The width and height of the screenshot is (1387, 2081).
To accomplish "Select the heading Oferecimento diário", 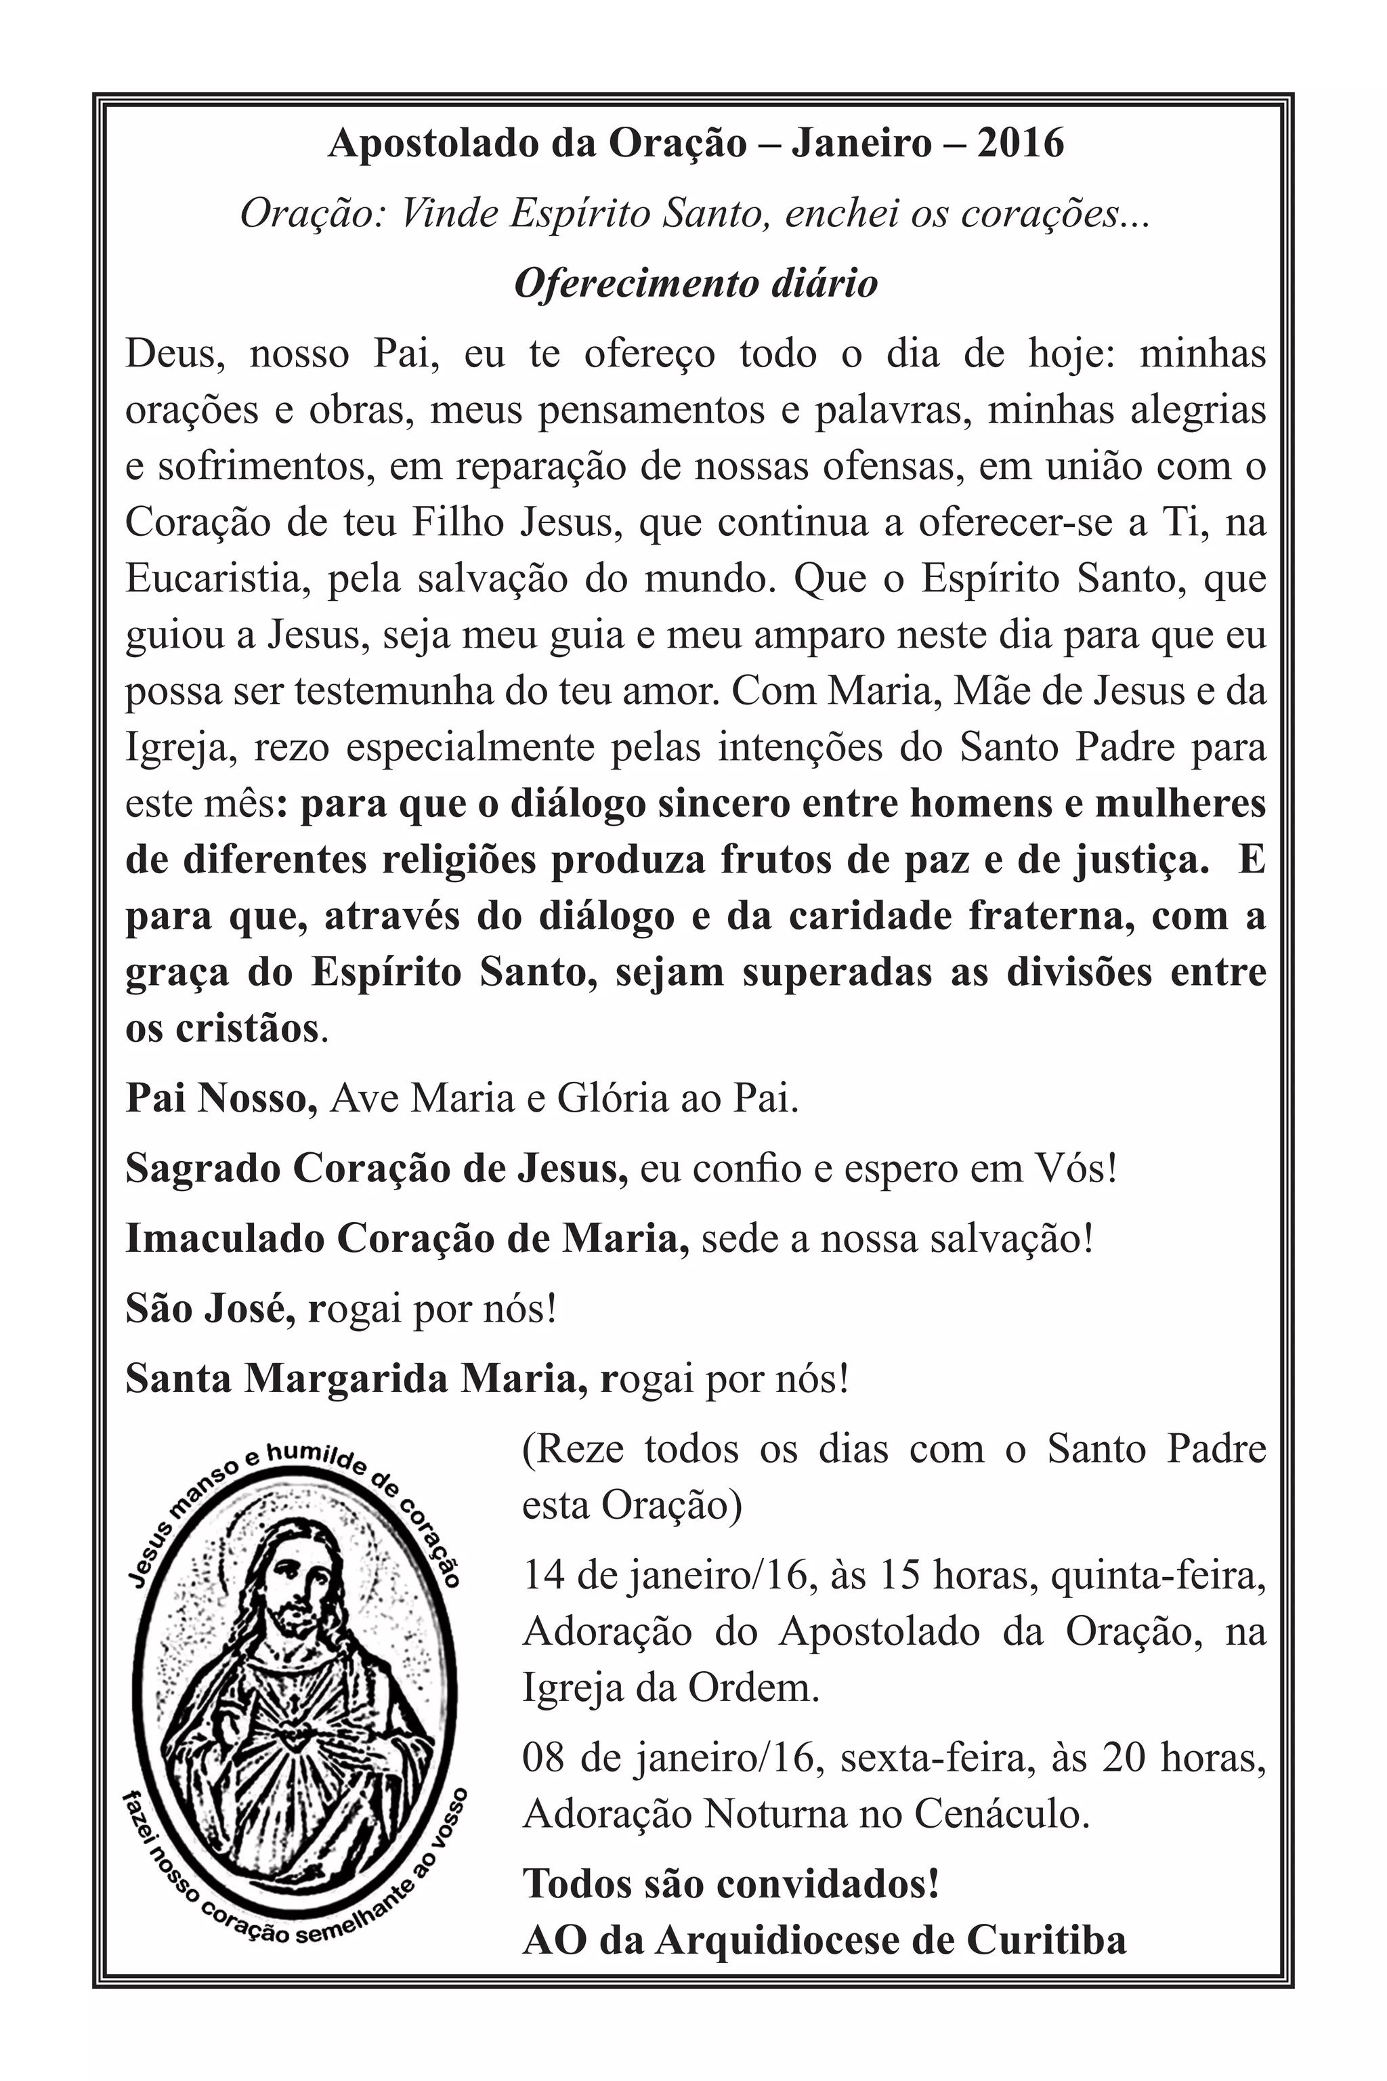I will (696, 284).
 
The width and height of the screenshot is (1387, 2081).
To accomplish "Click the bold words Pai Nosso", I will (221, 1099).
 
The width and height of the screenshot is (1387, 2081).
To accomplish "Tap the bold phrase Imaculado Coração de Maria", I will (407, 1240).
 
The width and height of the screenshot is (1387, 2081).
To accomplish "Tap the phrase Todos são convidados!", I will (731, 1885).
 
